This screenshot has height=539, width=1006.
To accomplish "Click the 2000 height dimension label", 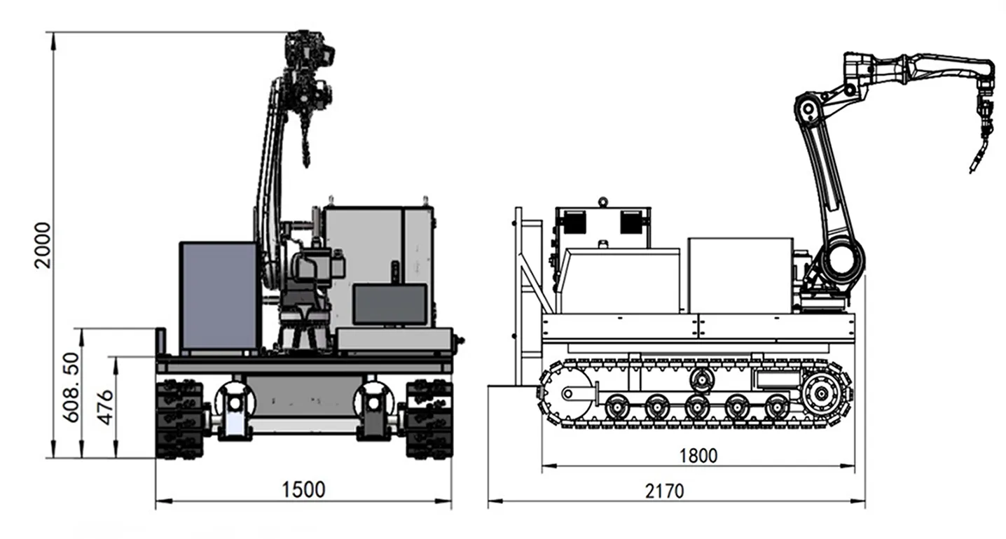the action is (43, 245).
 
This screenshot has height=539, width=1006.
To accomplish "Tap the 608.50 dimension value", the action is (71, 387).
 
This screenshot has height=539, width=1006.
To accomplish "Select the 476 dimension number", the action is (106, 407).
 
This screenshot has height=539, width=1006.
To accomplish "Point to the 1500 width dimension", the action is (303, 489).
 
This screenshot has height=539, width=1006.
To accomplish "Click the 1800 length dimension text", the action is (698, 456).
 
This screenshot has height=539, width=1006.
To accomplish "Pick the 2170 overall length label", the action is (665, 491).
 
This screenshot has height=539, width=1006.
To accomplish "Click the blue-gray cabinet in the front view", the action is (219, 297).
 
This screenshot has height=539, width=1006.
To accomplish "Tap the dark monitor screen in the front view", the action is (390, 304).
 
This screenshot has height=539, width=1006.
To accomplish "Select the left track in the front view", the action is (179, 419).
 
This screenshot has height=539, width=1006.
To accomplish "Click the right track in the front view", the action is (429, 419).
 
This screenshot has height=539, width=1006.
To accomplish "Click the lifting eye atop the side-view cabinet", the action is (602, 202).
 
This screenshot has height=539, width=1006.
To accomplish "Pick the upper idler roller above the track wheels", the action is (701, 379).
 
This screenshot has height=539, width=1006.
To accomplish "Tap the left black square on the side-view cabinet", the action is (574, 223).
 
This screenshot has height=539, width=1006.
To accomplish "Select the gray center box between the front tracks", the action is (305, 398).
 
